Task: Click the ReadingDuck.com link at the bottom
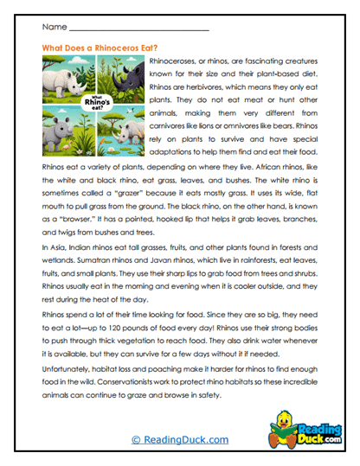[180, 441]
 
